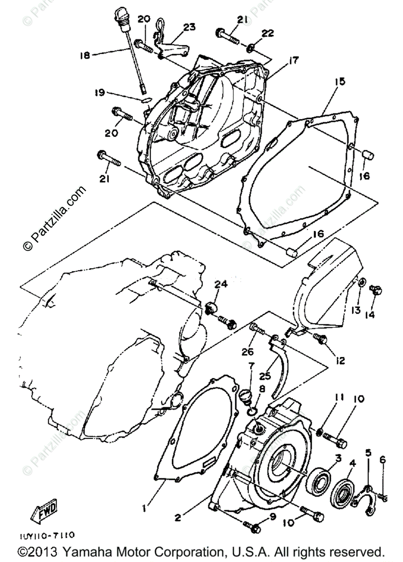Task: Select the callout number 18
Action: pyautogui.click(x=85, y=55)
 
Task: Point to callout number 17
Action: pyautogui.click(x=293, y=60)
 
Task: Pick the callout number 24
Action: pyautogui.click(x=221, y=284)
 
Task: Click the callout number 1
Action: pyautogui.click(x=145, y=507)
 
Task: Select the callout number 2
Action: pyautogui.click(x=177, y=518)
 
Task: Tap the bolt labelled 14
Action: pyautogui.click(x=375, y=290)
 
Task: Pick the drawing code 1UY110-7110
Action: pyautogui.click(x=46, y=534)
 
